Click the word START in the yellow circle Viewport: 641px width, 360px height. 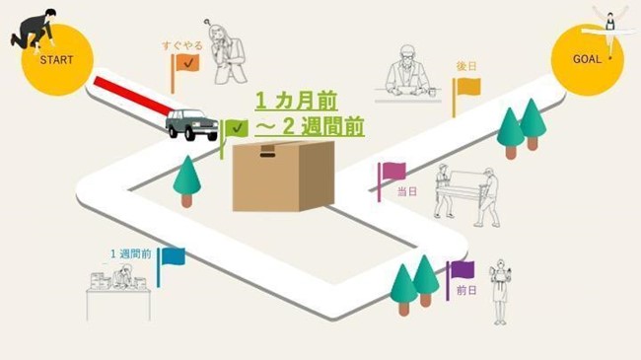point(56,59)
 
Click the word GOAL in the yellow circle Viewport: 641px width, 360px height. point(587,59)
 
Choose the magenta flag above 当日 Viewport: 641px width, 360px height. point(393,172)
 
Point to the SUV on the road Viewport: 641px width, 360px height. point(191,124)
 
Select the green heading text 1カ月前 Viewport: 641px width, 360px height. point(296,101)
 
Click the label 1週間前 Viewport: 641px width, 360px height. point(131,253)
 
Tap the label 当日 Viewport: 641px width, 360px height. point(407,191)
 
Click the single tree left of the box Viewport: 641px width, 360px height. point(186,179)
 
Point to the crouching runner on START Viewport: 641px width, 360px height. point(34,29)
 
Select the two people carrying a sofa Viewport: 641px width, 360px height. point(466,192)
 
